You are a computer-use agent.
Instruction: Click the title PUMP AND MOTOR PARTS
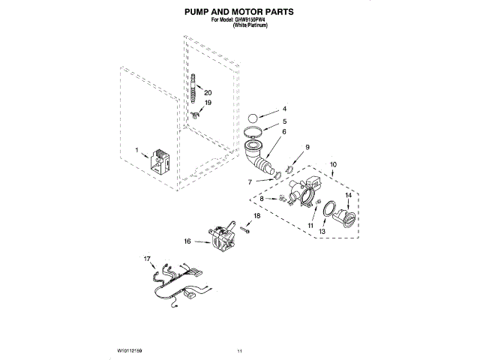pyautogui.click(x=239, y=13)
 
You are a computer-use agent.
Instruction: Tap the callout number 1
pyautogui.click(x=137, y=151)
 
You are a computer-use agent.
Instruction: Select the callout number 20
pyautogui.click(x=208, y=92)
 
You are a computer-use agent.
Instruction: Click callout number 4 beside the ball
pyautogui.click(x=284, y=109)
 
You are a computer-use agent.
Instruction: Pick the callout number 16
pyautogui.click(x=187, y=241)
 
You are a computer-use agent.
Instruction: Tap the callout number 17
pyautogui.click(x=147, y=258)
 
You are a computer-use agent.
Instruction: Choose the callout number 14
pyautogui.click(x=347, y=196)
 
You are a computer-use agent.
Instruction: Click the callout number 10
pyautogui.click(x=334, y=163)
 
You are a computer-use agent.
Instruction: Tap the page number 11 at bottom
pyautogui.click(x=240, y=350)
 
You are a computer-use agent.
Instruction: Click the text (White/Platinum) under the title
pyautogui.click(x=250, y=25)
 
